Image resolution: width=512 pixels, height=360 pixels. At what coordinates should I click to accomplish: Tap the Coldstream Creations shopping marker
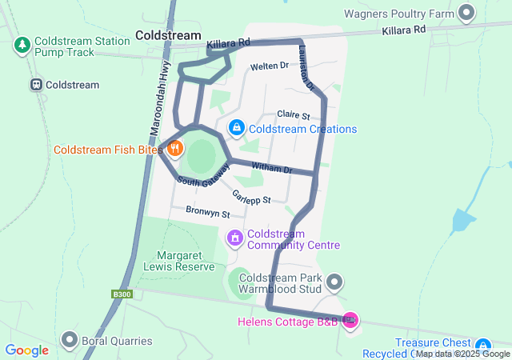tap(237, 127)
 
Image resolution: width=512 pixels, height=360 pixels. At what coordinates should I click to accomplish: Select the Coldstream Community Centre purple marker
tap(235, 238)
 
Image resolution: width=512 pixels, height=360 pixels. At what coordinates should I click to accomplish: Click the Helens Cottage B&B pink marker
tap(350, 320)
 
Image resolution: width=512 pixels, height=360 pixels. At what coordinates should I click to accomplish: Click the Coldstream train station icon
tap(36, 85)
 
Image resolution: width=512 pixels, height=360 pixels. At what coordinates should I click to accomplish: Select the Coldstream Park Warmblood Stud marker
tap(335, 282)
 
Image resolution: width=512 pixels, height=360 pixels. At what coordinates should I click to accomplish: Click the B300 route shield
tap(122, 294)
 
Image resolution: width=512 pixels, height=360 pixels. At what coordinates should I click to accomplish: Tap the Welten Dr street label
tap(269, 67)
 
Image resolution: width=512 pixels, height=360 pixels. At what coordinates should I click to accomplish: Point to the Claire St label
tap(292, 115)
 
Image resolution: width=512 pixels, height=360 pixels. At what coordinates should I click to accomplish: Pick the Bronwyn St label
tap(207, 214)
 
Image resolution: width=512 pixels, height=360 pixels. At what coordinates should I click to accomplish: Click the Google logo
tap(26, 350)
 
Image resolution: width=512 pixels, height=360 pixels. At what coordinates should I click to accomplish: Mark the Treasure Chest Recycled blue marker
tap(478, 346)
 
